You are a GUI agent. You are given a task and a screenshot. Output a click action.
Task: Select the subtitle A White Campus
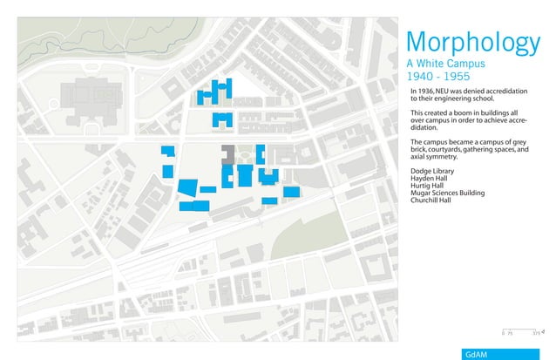click(x=451, y=65)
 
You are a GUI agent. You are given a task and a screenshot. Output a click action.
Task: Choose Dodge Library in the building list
click(x=431, y=172)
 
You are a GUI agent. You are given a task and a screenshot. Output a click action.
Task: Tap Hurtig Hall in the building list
click(x=427, y=186)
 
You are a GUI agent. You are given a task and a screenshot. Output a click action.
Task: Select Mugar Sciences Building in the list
click(x=447, y=193)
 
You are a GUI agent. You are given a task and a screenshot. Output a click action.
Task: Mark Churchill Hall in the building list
click(x=431, y=200)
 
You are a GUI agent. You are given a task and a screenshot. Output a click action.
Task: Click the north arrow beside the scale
click(x=544, y=332)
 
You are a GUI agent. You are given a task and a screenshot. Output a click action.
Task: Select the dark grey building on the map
click(x=227, y=153)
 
